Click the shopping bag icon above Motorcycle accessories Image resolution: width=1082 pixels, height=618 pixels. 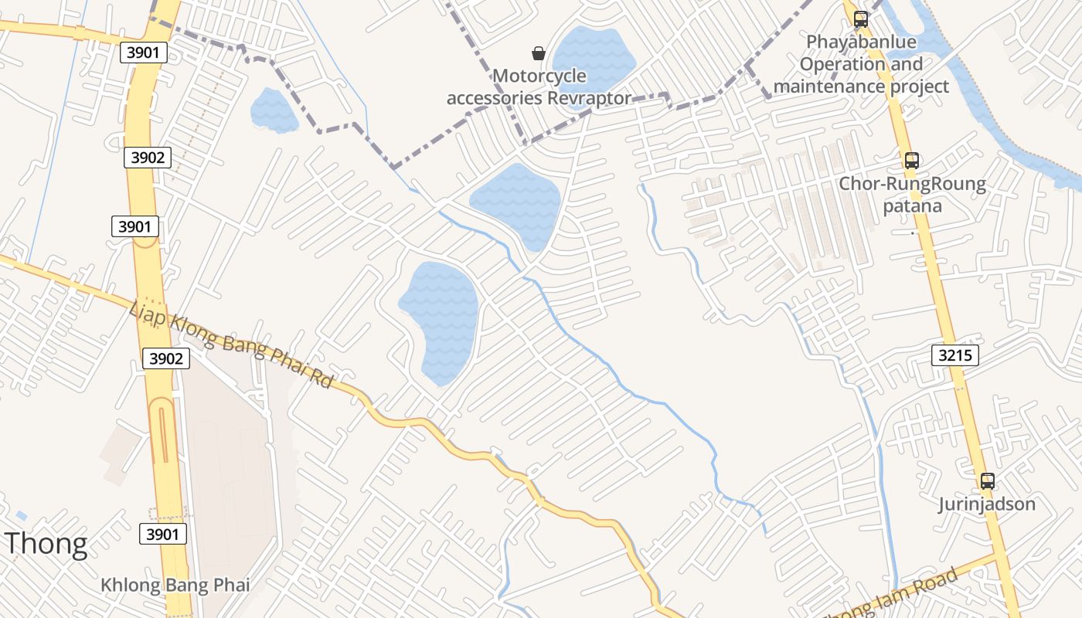[x=539, y=53]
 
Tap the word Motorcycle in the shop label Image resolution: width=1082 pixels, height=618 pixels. [x=539, y=76]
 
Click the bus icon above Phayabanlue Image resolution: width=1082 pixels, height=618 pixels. [x=860, y=19]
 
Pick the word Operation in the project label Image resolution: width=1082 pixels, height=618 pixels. [x=839, y=64]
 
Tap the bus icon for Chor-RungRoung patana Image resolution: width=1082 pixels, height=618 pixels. [x=912, y=161]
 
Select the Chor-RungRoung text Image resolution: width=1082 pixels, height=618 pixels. [x=913, y=184]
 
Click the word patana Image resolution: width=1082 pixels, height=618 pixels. [x=913, y=206]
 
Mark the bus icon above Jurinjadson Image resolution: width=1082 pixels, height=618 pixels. [x=987, y=481]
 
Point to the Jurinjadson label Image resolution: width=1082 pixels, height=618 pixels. [x=987, y=504]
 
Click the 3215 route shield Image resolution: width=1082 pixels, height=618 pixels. [x=956, y=355]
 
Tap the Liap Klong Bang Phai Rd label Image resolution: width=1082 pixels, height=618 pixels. [x=232, y=345]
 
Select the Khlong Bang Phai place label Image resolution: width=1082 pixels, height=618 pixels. [x=175, y=585]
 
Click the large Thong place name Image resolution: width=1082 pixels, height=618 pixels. [x=46, y=545]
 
